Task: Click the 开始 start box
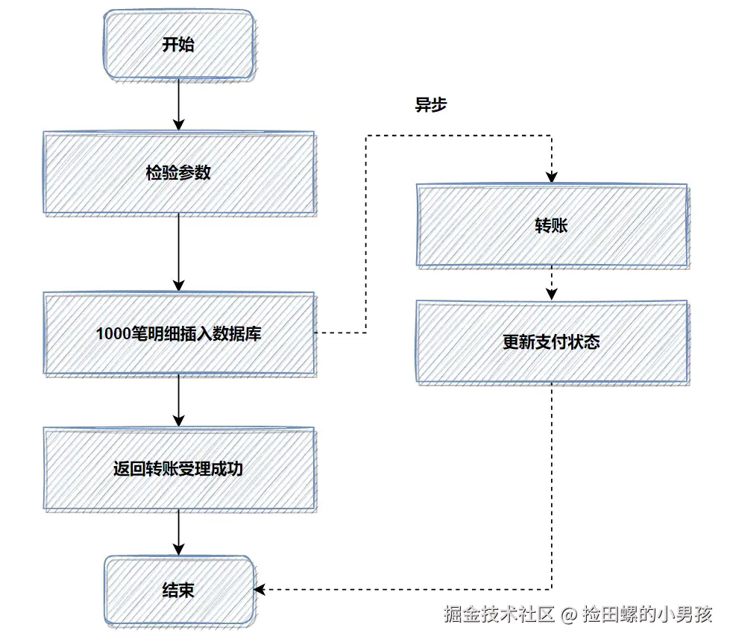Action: tap(178, 44)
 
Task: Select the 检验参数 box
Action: tap(178, 173)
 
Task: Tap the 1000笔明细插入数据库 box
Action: tap(178, 333)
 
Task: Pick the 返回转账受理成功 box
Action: tap(178, 470)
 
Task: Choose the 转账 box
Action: tap(551, 225)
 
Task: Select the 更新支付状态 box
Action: tap(551, 342)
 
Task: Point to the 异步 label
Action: tap(430, 105)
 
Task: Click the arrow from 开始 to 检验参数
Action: tap(178, 104)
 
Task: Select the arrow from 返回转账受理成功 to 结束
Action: tap(178, 533)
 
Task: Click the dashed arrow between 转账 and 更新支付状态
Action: tap(551, 283)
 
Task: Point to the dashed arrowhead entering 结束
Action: tap(259, 589)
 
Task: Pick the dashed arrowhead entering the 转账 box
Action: tap(551, 177)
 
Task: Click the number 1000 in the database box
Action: tap(112, 333)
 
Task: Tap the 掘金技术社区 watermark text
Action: tap(499, 614)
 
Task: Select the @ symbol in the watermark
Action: tap(569, 615)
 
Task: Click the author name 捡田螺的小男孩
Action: tap(648, 614)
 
